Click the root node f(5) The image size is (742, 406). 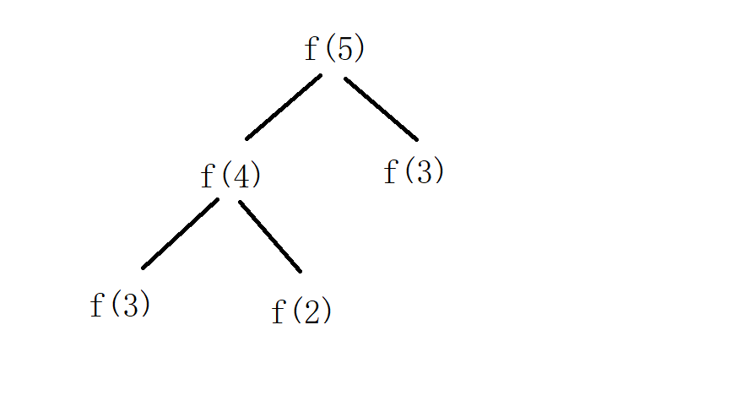click(x=334, y=49)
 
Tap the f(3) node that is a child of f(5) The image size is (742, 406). click(x=414, y=172)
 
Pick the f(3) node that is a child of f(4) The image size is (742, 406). click(x=120, y=305)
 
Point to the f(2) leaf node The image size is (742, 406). click(x=301, y=311)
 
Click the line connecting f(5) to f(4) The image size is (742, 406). click(x=284, y=107)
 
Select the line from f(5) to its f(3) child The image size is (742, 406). click(x=381, y=109)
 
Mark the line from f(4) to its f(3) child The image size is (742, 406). click(x=180, y=234)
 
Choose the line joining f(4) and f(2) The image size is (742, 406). click(x=270, y=236)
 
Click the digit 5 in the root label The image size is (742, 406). click(x=343, y=49)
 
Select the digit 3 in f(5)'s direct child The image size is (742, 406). click(x=423, y=172)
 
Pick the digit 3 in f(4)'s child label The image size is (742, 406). click(x=129, y=305)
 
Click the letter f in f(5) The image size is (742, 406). click(x=311, y=49)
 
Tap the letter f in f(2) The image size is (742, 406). click(x=278, y=311)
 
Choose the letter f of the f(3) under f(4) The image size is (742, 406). click(x=96, y=305)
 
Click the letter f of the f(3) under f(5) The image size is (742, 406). click(x=390, y=172)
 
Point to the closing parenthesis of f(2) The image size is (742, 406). click(x=327, y=311)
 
